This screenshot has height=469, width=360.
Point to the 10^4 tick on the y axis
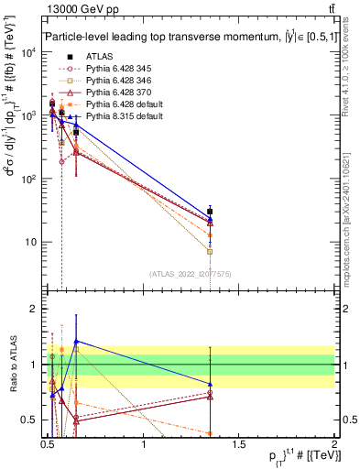click(31, 51)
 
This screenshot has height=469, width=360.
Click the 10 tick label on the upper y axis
click(31, 243)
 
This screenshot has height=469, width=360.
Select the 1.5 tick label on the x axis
click(239, 445)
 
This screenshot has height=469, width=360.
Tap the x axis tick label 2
click(334, 445)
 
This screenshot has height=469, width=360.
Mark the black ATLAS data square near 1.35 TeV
click(211, 212)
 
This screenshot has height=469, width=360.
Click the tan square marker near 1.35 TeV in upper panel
click(211, 251)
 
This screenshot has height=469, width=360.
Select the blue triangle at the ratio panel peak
click(76, 341)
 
